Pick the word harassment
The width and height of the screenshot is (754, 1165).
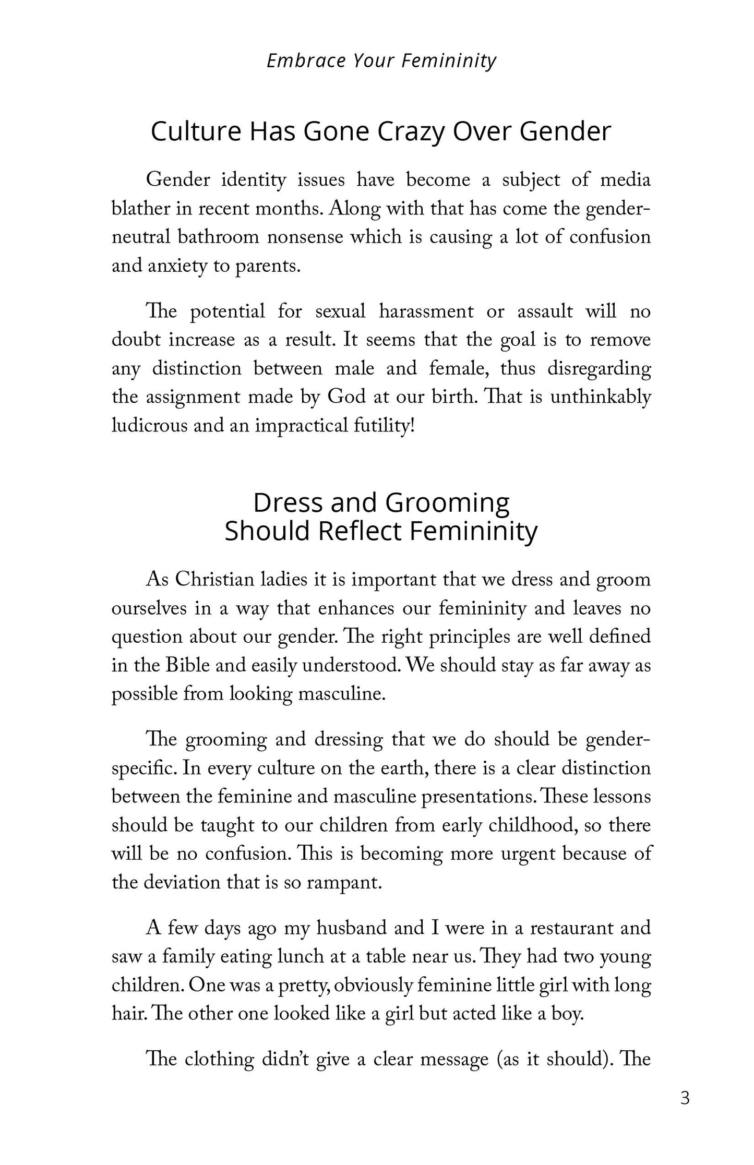[x=426, y=311]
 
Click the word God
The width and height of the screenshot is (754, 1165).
[x=346, y=398]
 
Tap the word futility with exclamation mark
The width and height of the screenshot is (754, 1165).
[x=384, y=427]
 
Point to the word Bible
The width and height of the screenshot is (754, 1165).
[x=187, y=666]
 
